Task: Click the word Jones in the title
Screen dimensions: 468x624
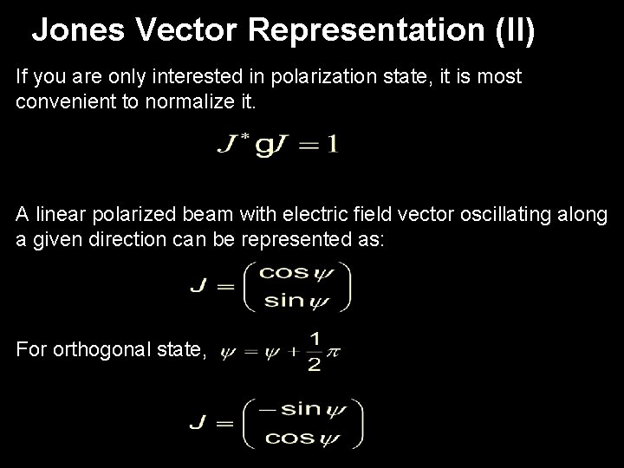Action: point(76,31)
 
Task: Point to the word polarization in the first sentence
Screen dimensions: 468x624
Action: point(319,76)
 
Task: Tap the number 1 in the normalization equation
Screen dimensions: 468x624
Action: point(330,145)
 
